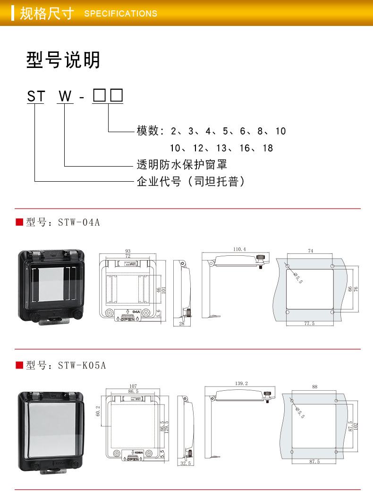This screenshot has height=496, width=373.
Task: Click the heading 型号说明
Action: click(x=63, y=60)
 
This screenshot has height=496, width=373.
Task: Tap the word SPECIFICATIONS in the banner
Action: click(x=120, y=14)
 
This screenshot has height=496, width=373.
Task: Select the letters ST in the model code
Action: click(x=36, y=97)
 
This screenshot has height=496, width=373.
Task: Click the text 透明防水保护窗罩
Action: click(x=182, y=164)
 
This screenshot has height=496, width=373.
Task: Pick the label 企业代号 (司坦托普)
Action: click(x=191, y=181)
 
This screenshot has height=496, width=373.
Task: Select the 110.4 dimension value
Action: click(x=239, y=249)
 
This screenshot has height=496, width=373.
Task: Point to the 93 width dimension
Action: click(x=127, y=251)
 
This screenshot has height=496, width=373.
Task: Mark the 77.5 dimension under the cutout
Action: click(x=309, y=323)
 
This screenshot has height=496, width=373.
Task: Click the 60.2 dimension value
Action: click(x=98, y=412)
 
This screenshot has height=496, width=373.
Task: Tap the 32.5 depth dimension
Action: click(x=185, y=464)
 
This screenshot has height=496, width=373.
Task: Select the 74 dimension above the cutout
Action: click(x=310, y=251)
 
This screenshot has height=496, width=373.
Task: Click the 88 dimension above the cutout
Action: click(x=315, y=387)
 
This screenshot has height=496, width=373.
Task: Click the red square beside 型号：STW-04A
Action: click(x=19, y=222)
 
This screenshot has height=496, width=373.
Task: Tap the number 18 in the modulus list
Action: click(x=268, y=148)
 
